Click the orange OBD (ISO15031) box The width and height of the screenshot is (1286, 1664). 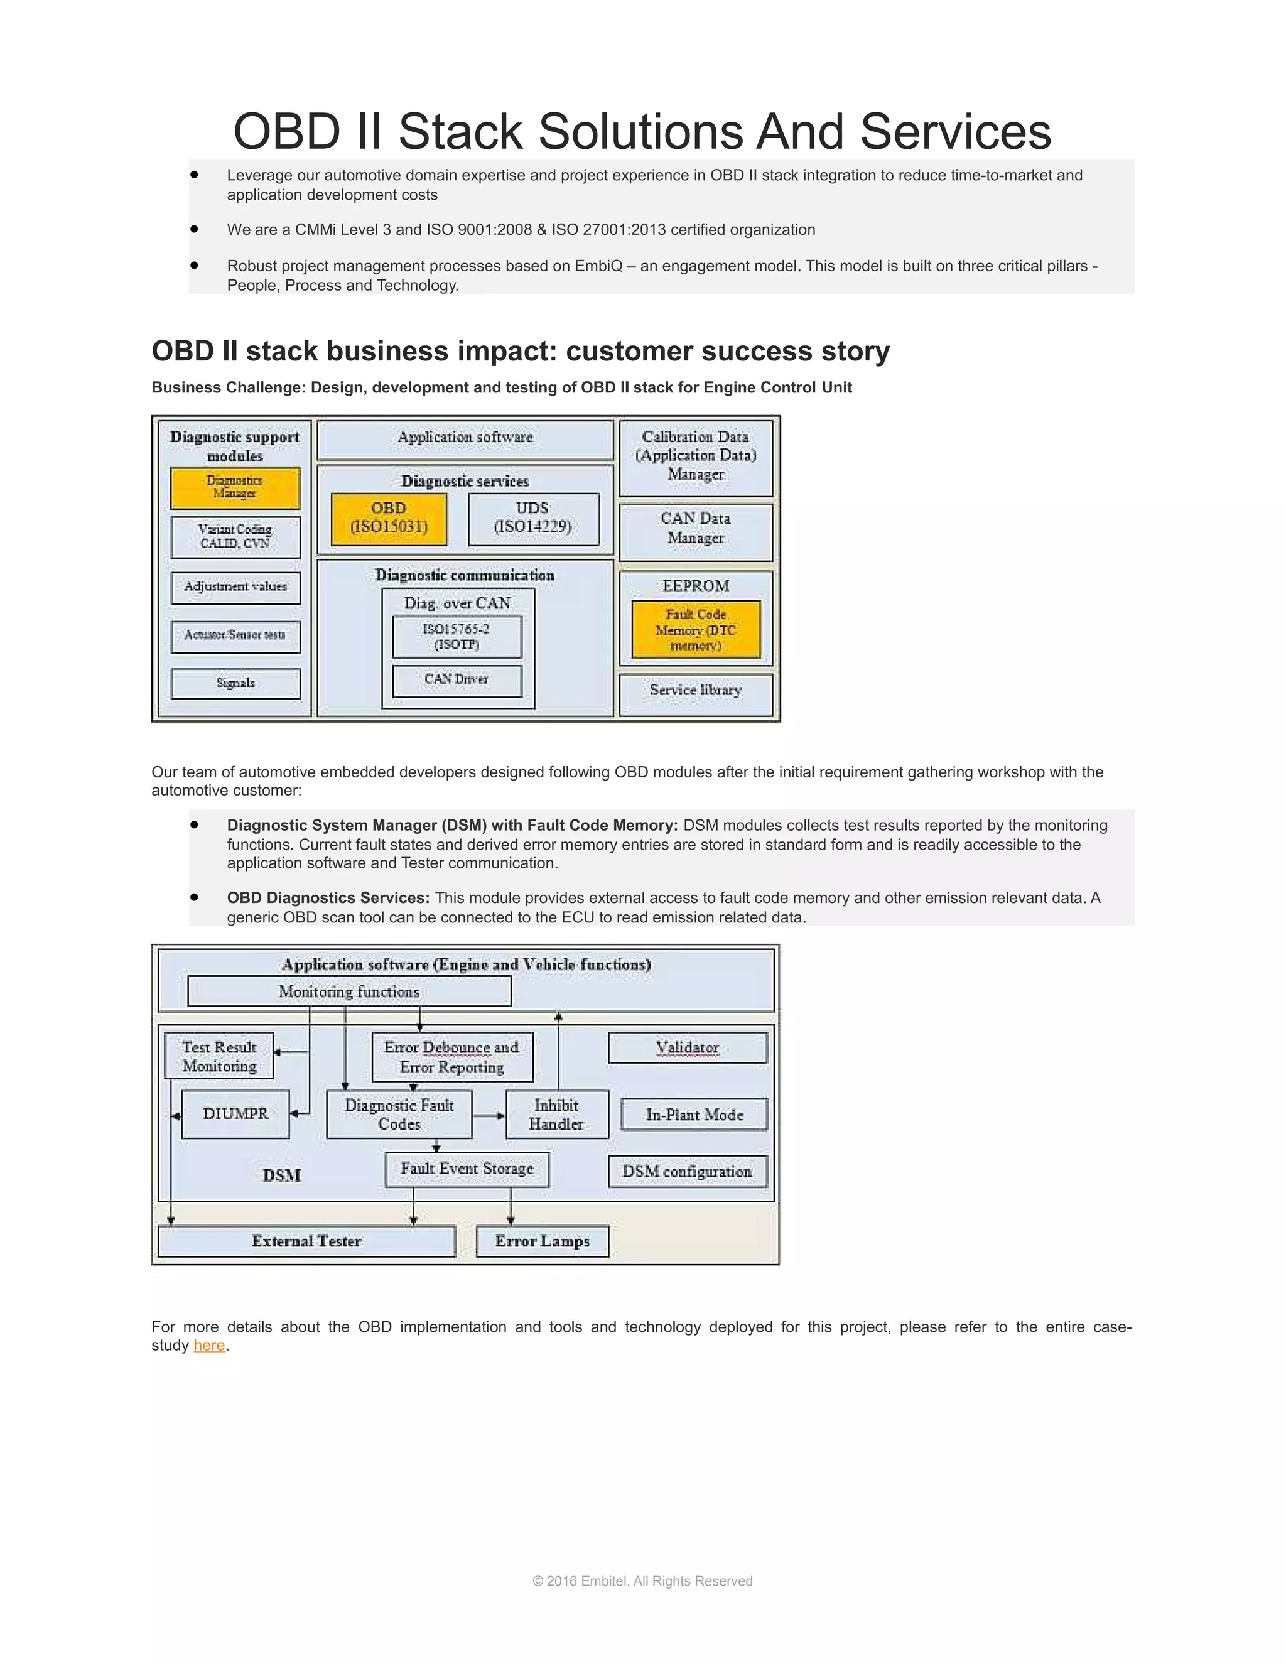389,518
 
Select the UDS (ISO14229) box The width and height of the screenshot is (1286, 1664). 532,518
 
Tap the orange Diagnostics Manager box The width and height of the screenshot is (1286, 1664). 235,488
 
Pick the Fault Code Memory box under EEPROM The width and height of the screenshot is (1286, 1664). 696,629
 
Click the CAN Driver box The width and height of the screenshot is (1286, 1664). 457,679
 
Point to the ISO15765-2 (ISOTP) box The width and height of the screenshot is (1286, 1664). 457,636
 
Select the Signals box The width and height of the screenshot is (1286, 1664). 235,683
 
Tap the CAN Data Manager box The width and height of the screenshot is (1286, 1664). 696,529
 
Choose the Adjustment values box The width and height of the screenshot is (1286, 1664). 235,586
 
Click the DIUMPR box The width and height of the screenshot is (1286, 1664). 235,1113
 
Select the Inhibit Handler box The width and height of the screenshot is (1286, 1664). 556,1114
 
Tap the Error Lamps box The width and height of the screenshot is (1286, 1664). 542,1241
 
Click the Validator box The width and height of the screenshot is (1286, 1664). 687,1047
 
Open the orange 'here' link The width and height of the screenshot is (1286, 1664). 208,1346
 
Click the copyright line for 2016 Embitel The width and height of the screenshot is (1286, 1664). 642,1581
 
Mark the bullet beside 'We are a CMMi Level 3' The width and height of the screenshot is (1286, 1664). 194,229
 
